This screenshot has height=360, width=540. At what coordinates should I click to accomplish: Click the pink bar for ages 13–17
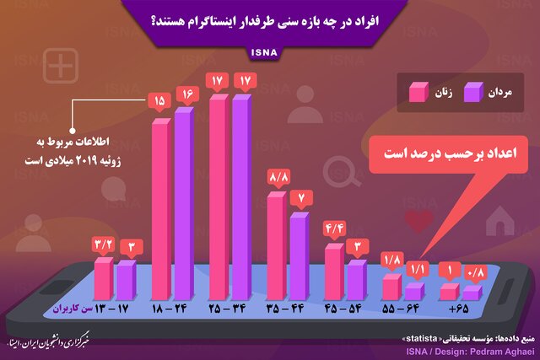pos(103,278)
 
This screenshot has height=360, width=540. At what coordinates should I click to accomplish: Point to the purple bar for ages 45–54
pos(357,279)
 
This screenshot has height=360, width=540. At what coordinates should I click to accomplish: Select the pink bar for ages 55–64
pos(391,287)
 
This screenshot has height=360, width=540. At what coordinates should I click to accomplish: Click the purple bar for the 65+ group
pos(472,292)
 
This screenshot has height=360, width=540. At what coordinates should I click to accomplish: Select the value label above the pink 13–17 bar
pos(104,244)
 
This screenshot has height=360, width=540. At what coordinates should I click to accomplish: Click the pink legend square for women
pos(418,91)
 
